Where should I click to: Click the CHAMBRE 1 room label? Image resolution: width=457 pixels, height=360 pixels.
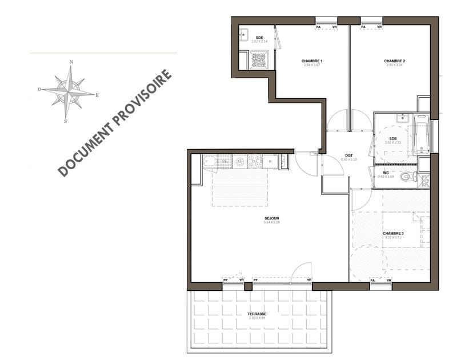(x=312, y=61)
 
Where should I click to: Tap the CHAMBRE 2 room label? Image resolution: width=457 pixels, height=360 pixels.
(x=395, y=61)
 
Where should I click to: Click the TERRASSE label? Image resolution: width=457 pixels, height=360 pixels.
(x=257, y=314)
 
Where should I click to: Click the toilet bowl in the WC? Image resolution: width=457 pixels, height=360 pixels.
(x=407, y=177)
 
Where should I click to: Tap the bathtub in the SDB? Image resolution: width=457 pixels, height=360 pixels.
(x=422, y=134)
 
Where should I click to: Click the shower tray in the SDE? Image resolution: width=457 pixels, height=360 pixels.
(x=259, y=59)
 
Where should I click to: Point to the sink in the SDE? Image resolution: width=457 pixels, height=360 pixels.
(x=242, y=33)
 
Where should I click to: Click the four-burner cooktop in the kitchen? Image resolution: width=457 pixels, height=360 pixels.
(x=254, y=162)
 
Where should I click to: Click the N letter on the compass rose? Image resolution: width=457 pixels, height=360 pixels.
(x=71, y=62)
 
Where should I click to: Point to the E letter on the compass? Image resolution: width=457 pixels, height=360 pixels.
(x=97, y=95)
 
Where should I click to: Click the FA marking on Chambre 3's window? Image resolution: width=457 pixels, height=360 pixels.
(x=372, y=280)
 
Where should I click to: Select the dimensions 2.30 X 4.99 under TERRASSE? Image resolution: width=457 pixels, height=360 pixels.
(x=257, y=318)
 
